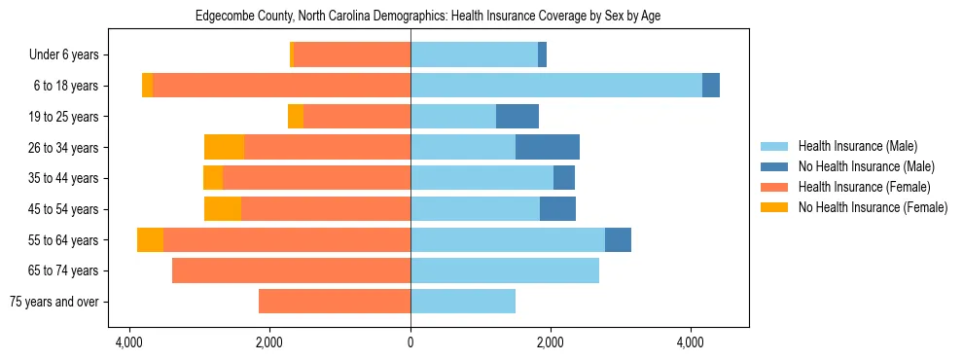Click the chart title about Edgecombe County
tap(428, 17)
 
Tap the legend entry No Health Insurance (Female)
tap(873, 207)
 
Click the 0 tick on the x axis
tap(410, 342)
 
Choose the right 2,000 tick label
tap(551, 342)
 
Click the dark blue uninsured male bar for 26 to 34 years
tap(548, 147)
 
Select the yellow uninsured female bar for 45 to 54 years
tap(223, 209)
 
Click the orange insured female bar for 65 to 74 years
tap(291, 270)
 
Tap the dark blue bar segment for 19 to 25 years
tap(517, 117)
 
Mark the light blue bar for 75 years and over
tap(463, 302)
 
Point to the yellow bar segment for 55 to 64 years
tap(150, 240)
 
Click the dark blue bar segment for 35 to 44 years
tap(564, 178)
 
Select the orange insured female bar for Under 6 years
tap(352, 55)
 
